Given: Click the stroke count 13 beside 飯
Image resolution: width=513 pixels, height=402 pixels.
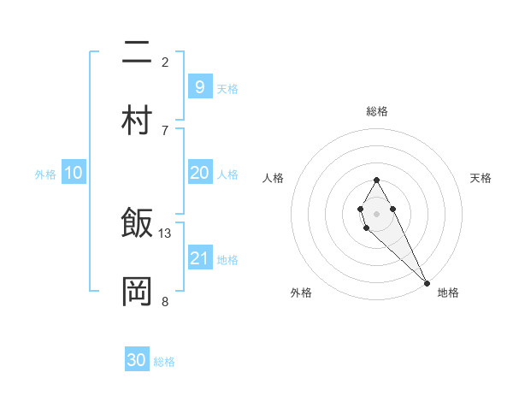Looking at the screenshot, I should pos(165,233).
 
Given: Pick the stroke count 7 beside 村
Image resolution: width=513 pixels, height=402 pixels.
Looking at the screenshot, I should pos(165,130).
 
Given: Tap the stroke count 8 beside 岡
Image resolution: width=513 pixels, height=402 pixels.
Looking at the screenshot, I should pos(165,301).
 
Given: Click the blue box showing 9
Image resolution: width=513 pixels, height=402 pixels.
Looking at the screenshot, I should pos(199,86).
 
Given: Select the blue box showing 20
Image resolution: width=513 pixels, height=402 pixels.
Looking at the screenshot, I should pos(199,172).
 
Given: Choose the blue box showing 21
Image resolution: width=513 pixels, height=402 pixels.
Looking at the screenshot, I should pos(199,257).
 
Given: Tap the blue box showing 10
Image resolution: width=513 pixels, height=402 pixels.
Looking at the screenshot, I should pos(74,173).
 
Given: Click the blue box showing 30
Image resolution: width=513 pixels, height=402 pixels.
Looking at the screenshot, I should pos(137,360).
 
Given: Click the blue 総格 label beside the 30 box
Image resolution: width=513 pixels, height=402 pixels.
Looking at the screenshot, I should pos(164,362).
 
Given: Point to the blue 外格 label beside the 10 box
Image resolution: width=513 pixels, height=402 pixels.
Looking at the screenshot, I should pos(45,174).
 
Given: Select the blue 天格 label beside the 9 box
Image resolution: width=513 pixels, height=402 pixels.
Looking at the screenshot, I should pos(227,88).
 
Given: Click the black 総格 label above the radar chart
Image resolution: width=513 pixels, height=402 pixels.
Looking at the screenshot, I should pos(377,111).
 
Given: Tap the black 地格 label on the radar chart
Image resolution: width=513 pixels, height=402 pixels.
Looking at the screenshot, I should pos(448,293).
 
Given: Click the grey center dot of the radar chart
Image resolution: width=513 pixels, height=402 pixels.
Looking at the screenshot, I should pos(376,212).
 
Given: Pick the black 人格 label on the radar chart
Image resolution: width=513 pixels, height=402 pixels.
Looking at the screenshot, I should pos(274,178).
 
